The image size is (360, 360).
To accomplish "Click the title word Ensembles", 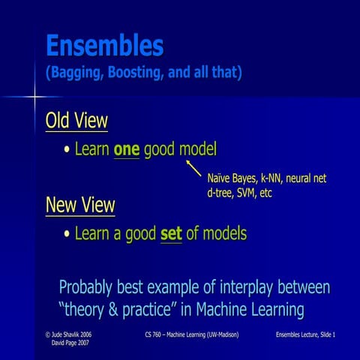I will coord(104,46).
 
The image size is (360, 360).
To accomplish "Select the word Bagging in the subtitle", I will coord(78,74).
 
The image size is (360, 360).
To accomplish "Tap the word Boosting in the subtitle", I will coord(142,74).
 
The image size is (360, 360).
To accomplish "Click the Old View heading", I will coord(76,121).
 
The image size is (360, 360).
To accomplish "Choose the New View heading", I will coord(80,205).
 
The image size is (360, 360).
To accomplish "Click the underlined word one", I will coord(126,149).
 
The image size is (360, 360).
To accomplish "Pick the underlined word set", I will coord(171,233).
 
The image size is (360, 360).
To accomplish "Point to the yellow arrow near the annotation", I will coord(193,167).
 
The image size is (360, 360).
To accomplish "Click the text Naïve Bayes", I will coord(232,178).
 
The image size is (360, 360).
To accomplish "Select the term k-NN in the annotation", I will coord(274,178).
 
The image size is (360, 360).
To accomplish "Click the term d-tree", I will coord(220,193).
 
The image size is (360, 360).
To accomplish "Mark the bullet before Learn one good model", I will coord(67,150).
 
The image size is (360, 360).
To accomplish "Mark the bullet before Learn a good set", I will coord(67,234).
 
